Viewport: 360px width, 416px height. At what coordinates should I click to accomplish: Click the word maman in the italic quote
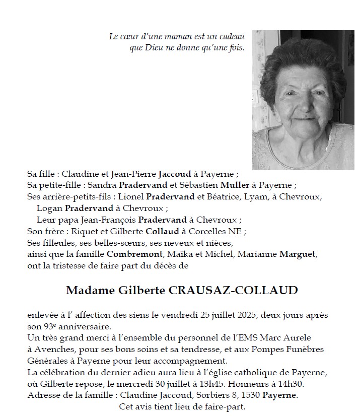pyautogui.click(x=173, y=36)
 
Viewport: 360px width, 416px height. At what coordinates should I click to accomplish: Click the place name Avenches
pyautogui.click(x=53, y=350)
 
